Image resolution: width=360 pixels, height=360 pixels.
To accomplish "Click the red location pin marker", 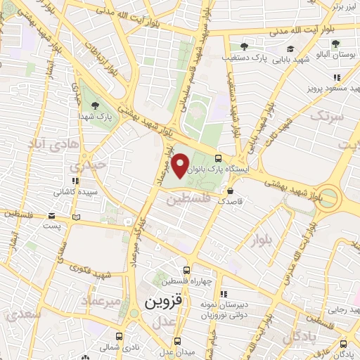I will point(181,166).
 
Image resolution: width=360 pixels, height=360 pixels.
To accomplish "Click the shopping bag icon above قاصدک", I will point(231,190).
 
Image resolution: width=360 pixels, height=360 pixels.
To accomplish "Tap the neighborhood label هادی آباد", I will point(50,143).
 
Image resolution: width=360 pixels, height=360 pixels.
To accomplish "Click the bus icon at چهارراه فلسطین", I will point(186,270).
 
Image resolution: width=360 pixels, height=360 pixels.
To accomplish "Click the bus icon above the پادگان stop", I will point(343,344).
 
